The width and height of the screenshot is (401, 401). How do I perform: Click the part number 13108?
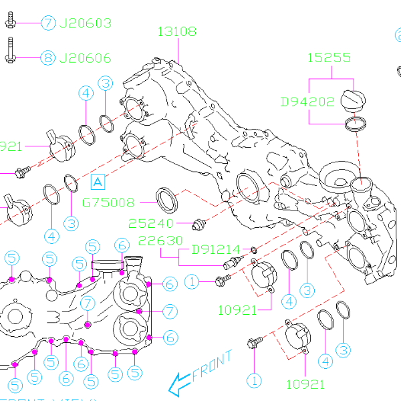[178, 31]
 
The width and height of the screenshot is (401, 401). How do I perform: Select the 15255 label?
[329, 58]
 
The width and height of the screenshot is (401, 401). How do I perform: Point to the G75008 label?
[108, 202]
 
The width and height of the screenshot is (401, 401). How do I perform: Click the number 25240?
[152, 223]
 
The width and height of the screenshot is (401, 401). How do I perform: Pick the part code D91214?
[215, 250]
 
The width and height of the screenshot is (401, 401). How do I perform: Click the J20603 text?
[86, 23]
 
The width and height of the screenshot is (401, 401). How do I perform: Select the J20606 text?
[86, 57]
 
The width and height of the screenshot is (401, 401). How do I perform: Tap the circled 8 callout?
[48, 57]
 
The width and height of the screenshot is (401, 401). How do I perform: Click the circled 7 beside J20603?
[48, 23]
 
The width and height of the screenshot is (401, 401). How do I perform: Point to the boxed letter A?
[98, 181]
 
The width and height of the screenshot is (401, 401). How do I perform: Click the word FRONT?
[212, 366]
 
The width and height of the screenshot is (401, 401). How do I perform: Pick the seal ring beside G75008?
[166, 198]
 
